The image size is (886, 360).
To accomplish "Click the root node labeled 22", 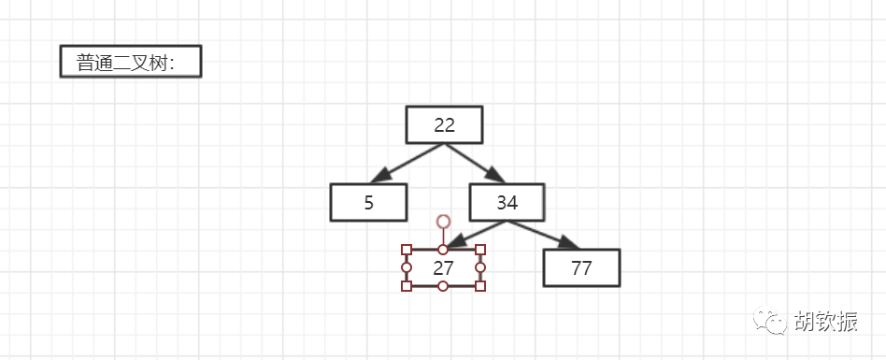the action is click(x=444, y=125).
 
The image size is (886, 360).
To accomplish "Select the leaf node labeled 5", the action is click(x=368, y=202).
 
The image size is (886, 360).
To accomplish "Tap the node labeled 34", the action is click(x=507, y=202).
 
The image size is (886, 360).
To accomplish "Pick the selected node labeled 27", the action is click(x=443, y=267).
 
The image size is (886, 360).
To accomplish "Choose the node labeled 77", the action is click(x=581, y=267).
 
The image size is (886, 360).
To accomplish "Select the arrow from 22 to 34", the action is click(x=475, y=163).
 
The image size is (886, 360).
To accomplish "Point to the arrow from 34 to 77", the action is click(x=543, y=235).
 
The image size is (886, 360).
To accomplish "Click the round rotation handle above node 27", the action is click(x=444, y=221).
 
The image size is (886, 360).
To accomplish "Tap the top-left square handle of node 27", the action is click(x=407, y=250).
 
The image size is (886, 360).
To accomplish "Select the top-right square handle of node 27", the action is click(x=480, y=250).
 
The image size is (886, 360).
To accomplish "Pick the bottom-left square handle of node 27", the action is click(x=407, y=286).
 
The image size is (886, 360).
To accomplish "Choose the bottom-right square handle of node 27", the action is click(x=480, y=286).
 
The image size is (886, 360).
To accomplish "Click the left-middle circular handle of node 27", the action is click(x=407, y=267).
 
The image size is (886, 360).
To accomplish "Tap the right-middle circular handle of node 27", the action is click(x=480, y=267).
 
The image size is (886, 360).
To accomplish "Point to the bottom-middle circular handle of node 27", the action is click(x=443, y=286).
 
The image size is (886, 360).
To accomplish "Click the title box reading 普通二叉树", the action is click(x=131, y=61).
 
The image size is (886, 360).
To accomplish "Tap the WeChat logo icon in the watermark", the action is click(x=769, y=320).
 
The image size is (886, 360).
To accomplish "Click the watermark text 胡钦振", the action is click(x=826, y=321).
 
